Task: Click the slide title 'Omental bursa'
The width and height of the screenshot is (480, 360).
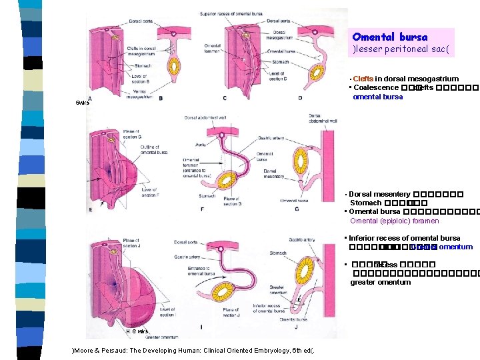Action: click(389, 37)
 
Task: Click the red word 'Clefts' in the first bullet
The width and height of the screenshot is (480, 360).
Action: click(363, 79)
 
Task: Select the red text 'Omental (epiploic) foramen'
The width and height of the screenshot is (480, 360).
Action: click(395, 221)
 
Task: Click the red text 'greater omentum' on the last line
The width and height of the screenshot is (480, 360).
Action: click(381, 282)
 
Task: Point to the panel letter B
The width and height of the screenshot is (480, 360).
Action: click(161, 98)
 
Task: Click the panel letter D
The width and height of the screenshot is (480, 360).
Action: click(299, 98)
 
